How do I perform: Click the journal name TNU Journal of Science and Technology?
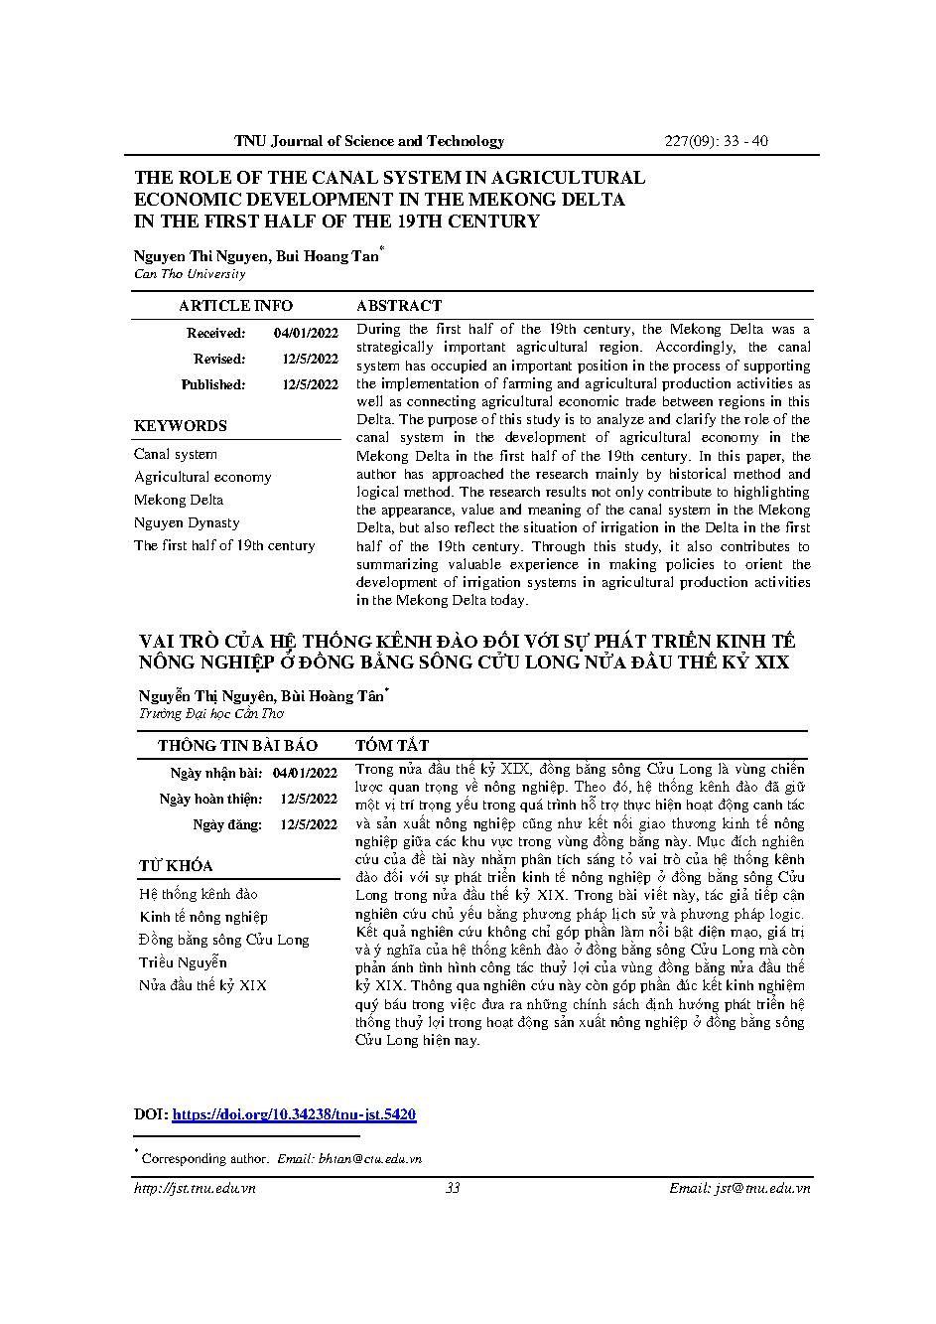coord(369,141)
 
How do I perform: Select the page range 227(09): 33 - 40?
coord(715,141)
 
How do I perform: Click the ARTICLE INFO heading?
coord(235,306)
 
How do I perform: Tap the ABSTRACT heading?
coord(398,306)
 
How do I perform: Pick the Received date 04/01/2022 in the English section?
coord(306,334)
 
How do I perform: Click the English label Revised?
coord(219,360)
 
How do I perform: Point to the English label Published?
coord(212,385)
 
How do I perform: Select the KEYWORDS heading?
coord(181,426)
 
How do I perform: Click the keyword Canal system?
coord(176,455)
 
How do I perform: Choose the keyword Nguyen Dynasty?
coord(187,523)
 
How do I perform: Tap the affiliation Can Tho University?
coord(190,274)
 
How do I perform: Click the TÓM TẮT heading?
coord(392,746)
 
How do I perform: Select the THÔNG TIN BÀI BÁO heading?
coord(237,746)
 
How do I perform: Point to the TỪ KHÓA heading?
coord(176,866)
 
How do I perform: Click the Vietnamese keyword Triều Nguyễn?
coord(183,962)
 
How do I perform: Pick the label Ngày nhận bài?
coord(216,773)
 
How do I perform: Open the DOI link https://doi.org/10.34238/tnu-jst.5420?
coord(294,1115)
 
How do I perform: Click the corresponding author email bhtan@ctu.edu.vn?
coord(369,1158)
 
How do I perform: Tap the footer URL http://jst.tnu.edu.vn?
coord(195,1188)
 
